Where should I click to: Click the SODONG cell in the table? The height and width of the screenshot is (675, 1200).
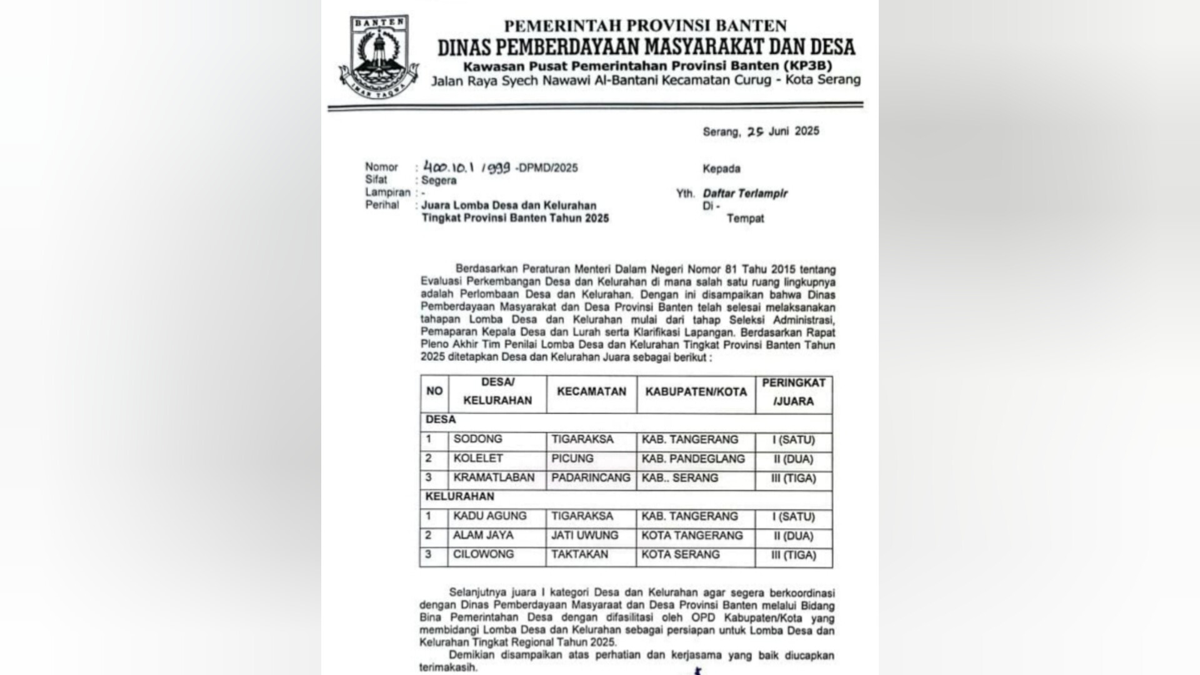click(477, 439)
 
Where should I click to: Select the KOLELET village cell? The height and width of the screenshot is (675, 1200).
click(478, 459)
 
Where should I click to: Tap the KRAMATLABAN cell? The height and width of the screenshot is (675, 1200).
click(494, 478)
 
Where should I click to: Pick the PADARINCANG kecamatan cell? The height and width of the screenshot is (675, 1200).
click(591, 478)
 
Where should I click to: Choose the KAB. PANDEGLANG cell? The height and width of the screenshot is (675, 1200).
click(693, 459)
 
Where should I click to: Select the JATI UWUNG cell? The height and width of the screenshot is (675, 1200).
click(584, 535)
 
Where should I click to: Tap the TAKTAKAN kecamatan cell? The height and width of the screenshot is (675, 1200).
click(579, 554)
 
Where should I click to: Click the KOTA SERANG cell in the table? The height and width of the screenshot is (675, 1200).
click(681, 554)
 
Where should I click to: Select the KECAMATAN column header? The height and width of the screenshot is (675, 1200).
click(591, 392)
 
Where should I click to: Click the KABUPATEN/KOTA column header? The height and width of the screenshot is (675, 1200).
click(696, 392)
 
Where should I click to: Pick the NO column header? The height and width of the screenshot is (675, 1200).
click(434, 391)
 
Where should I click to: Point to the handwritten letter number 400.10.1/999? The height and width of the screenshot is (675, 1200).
click(467, 168)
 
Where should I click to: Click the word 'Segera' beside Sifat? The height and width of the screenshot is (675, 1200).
click(439, 180)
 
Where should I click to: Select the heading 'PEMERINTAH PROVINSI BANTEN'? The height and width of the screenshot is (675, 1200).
click(645, 26)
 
